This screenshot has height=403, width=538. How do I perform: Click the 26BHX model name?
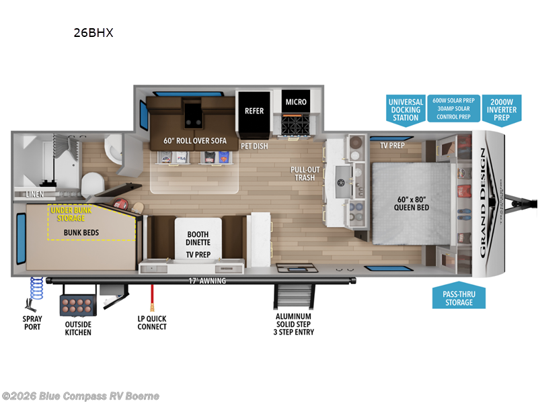pyautogui.click(x=93, y=31)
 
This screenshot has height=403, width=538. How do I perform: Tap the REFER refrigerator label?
pyautogui.click(x=254, y=111)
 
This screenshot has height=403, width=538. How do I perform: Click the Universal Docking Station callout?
pyautogui.click(x=406, y=109)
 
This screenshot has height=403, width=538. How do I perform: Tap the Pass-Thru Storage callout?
pyautogui.click(x=458, y=298)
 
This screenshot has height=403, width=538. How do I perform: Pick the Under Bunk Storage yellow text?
pyautogui.click(x=71, y=213)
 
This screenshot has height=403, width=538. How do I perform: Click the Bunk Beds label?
pyautogui.click(x=82, y=232)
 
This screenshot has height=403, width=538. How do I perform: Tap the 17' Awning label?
pyautogui.click(x=206, y=281)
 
